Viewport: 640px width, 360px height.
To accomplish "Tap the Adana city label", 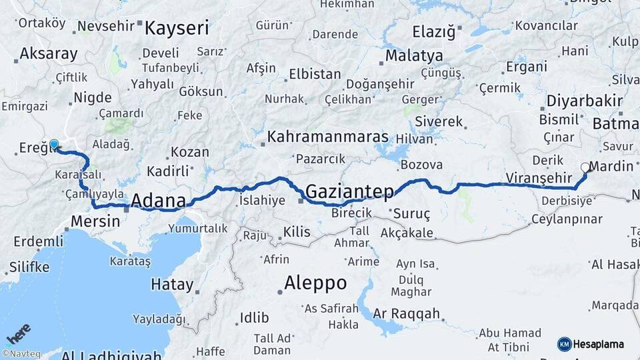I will pos(158,200).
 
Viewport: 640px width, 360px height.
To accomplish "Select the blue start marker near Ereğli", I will pos(54,143).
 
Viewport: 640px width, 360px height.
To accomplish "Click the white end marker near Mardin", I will pos(585,167).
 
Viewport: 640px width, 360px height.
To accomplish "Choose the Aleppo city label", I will pos(315,283).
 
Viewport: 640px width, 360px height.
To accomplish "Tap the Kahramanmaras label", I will pos(327,137).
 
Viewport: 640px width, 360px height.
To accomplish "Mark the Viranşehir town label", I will pos(539,177).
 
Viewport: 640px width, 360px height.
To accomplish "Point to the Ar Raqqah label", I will pos(407,313).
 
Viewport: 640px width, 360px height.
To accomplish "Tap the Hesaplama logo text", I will pos(599,344).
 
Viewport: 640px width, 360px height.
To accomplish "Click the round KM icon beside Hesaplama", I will pos(564,344).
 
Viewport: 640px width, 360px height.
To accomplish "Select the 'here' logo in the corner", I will pos(18,333).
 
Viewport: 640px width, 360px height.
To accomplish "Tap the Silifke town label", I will pos(29,267).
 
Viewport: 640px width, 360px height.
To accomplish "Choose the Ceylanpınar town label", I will pos(566,219).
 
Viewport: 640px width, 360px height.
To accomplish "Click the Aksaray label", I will pos(49,54).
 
